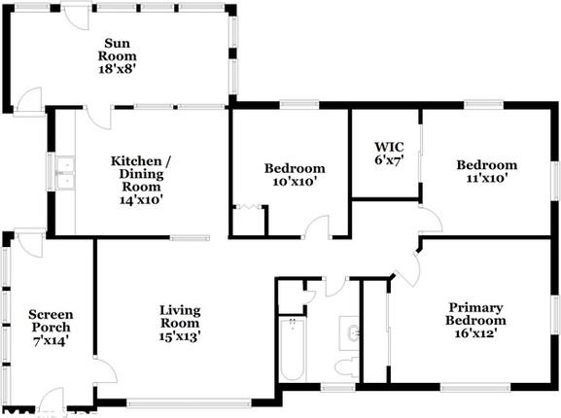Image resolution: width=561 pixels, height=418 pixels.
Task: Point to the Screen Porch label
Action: coord(50,321)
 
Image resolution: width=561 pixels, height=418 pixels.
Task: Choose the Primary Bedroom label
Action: coord(475,313)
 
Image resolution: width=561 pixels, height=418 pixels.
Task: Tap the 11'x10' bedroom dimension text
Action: coord(486,178)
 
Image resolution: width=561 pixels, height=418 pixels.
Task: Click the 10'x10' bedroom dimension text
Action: coord(294,181)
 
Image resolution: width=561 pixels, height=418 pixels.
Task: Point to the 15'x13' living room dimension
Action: coord(180,336)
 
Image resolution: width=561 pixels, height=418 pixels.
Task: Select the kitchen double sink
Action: coord(64,172)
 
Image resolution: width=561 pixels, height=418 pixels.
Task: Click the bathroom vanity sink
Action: coord(352,333)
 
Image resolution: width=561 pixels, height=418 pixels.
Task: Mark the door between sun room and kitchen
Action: coord(98,117)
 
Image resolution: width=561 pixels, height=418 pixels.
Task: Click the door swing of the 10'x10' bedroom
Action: coord(317,229)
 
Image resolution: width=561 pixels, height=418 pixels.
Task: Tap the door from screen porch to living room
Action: coord(104,370)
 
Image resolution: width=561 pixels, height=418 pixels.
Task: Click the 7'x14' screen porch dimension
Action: coord(50,340)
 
